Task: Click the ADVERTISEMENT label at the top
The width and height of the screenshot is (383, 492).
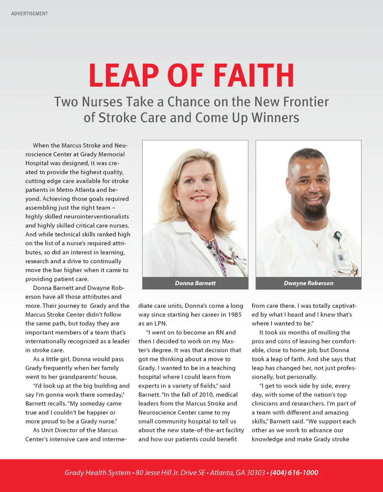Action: click(x=30, y=13)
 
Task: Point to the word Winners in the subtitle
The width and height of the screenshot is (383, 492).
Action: click(x=275, y=118)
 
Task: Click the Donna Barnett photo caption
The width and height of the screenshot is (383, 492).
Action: click(x=195, y=283)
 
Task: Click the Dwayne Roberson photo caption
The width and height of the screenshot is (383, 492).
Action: click(x=309, y=283)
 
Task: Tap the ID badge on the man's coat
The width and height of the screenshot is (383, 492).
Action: click(x=341, y=258)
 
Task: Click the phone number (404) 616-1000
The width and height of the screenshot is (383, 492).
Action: click(x=294, y=473)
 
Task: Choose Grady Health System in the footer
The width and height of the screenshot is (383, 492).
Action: click(x=97, y=473)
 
